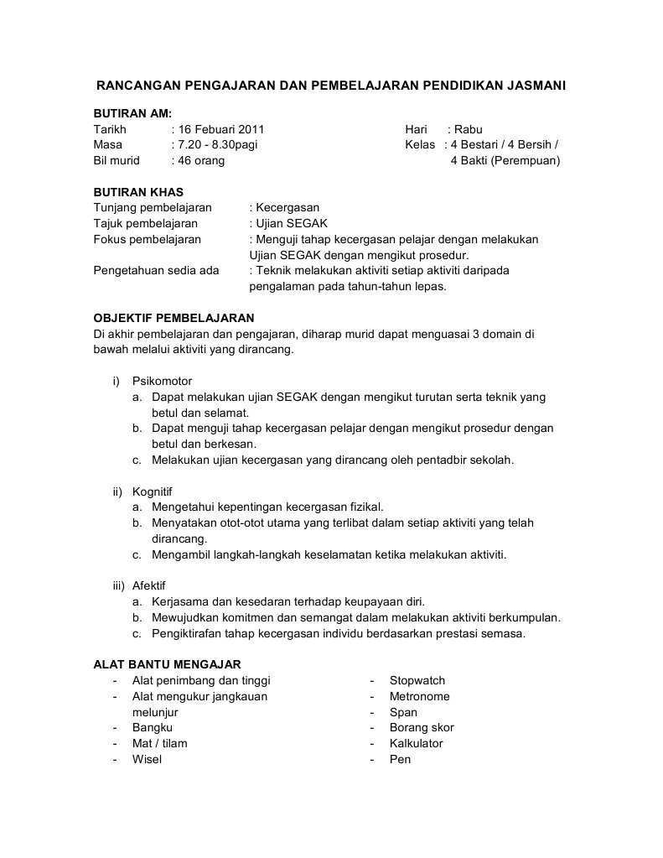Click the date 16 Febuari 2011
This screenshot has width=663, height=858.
click(220, 129)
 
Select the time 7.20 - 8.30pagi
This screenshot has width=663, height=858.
click(215, 145)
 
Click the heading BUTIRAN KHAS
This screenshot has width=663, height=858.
click(138, 192)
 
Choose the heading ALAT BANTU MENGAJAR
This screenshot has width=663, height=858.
click(167, 664)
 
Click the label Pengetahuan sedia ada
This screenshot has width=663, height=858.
click(156, 270)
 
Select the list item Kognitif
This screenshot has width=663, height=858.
click(152, 491)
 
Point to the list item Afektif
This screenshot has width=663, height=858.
click(149, 585)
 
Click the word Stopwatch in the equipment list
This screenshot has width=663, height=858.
click(417, 680)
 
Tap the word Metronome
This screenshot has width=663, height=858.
click(419, 696)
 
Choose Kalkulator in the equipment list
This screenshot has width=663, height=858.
click(417, 743)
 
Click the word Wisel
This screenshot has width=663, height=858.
click(147, 759)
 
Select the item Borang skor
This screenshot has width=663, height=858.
click(422, 727)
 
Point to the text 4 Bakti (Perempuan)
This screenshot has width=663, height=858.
click(505, 160)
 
